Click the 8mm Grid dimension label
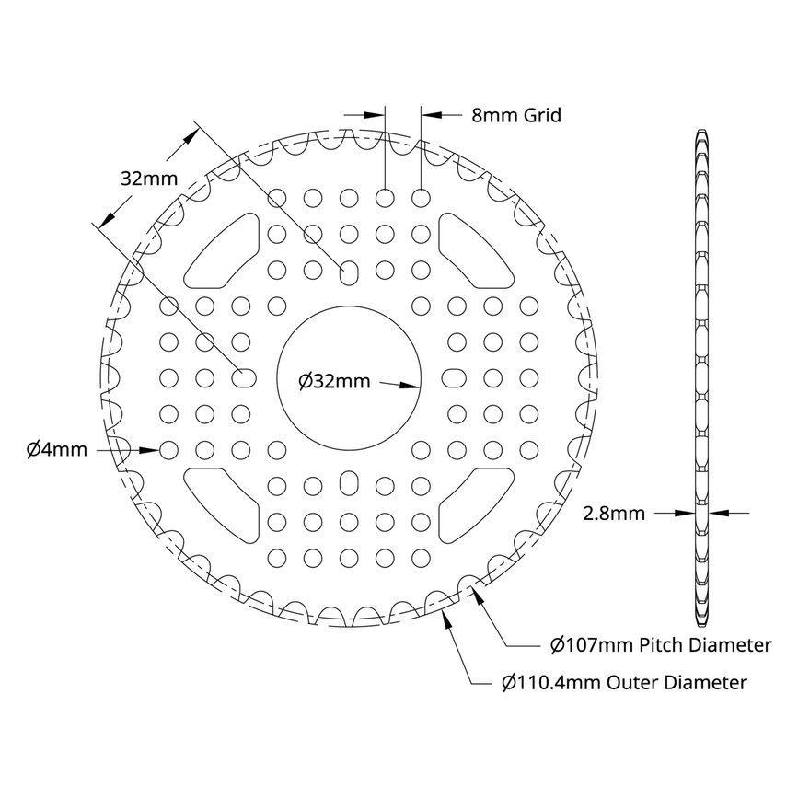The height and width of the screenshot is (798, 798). [x=515, y=116]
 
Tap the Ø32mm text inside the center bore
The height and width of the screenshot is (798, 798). [x=335, y=381]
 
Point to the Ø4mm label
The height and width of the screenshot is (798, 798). [x=56, y=450]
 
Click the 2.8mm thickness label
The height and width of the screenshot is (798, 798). [x=614, y=514]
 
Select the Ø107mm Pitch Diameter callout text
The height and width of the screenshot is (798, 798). [x=660, y=645]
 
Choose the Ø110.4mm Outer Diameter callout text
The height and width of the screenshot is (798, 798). [x=623, y=683]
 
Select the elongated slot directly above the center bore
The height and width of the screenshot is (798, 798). [x=349, y=271]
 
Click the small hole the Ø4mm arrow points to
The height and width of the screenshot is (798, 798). [x=168, y=450]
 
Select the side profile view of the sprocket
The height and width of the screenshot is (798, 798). [x=701, y=377]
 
